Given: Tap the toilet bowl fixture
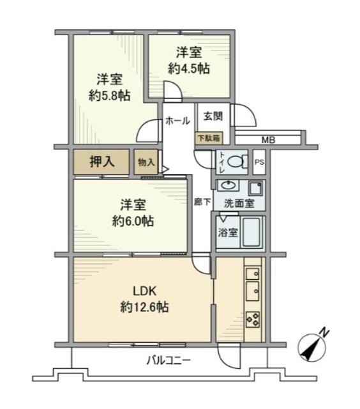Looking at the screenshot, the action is click(237, 162).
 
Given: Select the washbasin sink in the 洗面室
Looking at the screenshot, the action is click(229, 186).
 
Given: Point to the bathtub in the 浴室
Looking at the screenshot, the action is click(251, 232).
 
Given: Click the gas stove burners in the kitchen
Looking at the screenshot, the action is click(253, 320).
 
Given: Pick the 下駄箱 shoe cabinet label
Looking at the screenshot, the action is click(209, 138).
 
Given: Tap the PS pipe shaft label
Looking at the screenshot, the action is click(259, 162).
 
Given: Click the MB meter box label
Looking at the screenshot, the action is click(268, 141).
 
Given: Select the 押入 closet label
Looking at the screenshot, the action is click(101, 162).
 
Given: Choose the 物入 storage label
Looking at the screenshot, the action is click(146, 162).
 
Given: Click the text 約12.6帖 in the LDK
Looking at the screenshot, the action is click(144, 307).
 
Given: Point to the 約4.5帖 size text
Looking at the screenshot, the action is click(189, 69).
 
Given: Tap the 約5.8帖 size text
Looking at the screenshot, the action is click(109, 96).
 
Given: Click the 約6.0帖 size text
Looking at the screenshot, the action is click(133, 221).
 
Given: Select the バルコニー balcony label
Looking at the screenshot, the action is click(169, 361).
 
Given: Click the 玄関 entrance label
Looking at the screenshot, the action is click(213, 116).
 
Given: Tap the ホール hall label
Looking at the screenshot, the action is click(177, 121).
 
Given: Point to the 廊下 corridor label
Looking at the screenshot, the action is click(202, 202).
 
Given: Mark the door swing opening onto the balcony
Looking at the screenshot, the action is click(229, 356).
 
